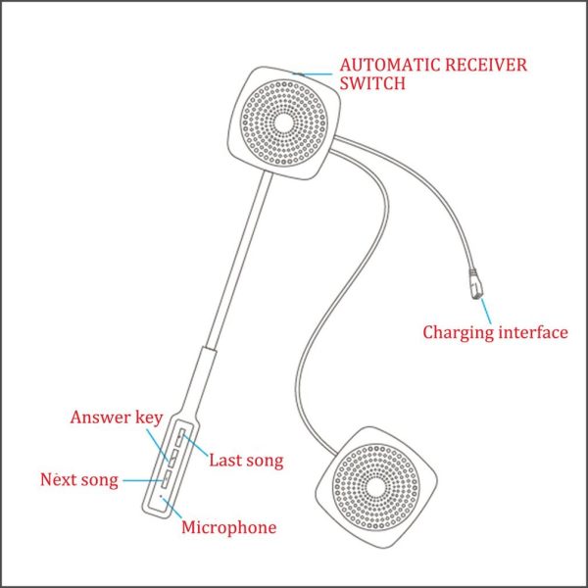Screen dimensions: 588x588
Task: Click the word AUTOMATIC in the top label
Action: [x=390, y=66]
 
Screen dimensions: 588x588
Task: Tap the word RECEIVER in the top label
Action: [x=486, y=66]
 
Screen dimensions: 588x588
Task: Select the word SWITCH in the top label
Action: [x=372, y=83]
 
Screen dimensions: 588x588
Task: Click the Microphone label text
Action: [x=229, y=527]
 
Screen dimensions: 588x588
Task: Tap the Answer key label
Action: [x=117, y=417]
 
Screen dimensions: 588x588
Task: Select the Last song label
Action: [x=246, y=461]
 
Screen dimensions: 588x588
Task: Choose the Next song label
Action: [x=79, y=480]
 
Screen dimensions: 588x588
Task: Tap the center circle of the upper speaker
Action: [x=284, y=122]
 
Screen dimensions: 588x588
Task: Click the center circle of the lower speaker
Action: [x=376, y=487]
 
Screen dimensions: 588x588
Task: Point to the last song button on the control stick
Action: [x=180, y=438]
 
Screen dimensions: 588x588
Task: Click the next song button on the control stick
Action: [x=167, y=479]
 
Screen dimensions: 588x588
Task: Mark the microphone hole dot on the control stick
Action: [x=162, y=496]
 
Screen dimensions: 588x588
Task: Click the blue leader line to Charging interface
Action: [x=486, y=312]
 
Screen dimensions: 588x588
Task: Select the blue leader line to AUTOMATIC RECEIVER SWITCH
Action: [x=313, y=74]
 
